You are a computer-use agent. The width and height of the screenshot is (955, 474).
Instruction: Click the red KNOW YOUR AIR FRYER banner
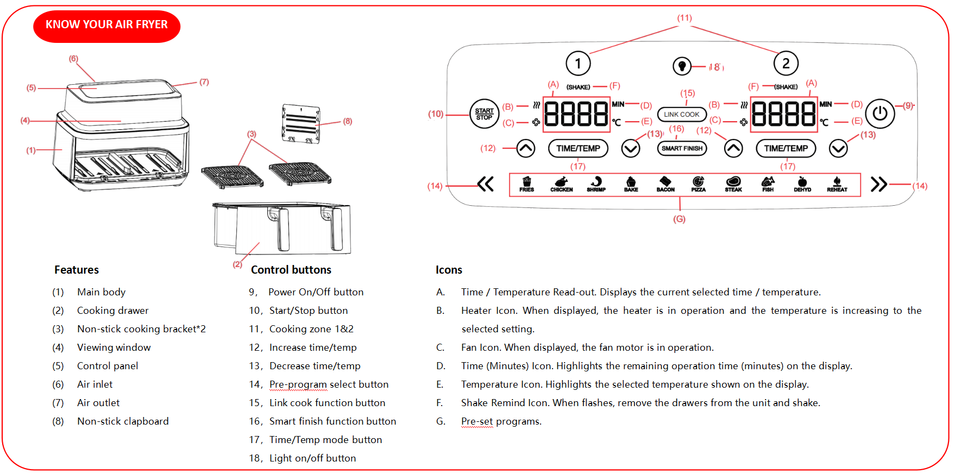click(x=106, y=26)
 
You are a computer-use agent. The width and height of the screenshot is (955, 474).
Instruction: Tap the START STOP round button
click(x=484, y=114)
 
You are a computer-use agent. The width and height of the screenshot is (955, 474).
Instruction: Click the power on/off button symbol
click(x=879, y=113)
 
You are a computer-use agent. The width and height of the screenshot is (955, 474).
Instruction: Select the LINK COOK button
click(x=682, y=115)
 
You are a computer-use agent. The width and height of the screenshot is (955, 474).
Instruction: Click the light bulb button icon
click(x=682, y=66)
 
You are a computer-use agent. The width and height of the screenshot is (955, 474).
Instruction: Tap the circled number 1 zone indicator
click(x=578, y=64)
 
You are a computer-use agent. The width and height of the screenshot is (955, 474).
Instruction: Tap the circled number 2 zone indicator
click(x=786, y=64)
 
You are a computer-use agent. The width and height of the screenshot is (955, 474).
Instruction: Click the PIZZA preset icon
click(x=698, y=184)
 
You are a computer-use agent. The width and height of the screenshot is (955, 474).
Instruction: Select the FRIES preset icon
click(x=526, y=184)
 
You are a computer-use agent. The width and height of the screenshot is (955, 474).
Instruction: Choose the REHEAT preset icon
click(x=837, y=184)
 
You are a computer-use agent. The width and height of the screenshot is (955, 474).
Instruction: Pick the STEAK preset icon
click(x=733, y=184)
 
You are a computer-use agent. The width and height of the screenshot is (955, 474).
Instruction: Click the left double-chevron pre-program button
click(x=486, y=184)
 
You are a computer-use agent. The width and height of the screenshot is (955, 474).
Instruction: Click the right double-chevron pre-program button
click(x=878, y=184)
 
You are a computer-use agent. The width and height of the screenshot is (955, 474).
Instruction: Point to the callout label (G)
click(x=679, y=219)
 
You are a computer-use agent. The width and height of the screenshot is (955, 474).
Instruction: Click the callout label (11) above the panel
click(x=684, y=18)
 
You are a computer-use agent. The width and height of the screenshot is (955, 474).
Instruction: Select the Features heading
click(x=77, y=270)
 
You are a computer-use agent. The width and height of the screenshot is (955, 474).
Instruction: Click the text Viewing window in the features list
click(x=114, y=347)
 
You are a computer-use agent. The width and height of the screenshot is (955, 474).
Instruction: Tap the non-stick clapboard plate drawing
click(x=300, y=124)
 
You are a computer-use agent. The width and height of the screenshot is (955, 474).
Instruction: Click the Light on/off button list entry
click(x=312, y=458)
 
